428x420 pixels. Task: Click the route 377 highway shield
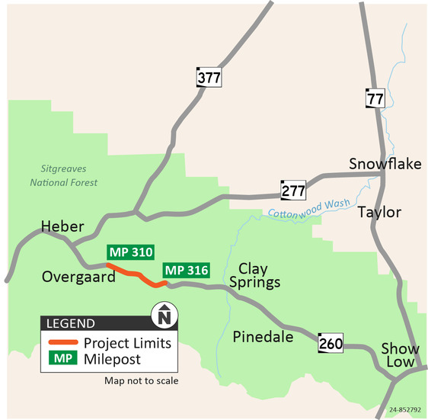[209, 77]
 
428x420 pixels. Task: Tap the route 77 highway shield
[373, 98]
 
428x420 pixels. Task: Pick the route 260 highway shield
[331, 344]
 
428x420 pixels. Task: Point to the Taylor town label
[379, 212]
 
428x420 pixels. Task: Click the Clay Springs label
[259, 275]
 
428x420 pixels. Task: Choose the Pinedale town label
[263, 336]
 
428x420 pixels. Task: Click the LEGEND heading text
[71, 322]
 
